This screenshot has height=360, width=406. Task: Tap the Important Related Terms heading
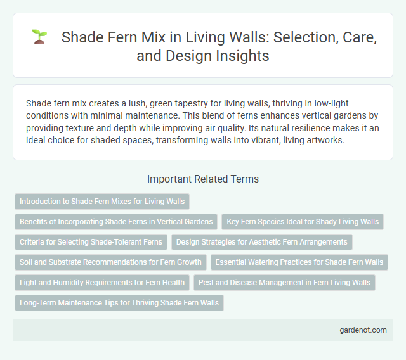(x=202, y=179)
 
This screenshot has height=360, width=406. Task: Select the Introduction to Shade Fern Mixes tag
(x=102, y=202)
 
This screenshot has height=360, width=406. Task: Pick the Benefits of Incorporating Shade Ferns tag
(x=116, y=222)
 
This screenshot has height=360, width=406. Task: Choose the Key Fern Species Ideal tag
(x=303, y=222)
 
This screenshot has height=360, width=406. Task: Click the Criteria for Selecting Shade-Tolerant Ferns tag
(x=91, y=242)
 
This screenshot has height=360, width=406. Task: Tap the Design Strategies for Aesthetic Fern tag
(x=261, y=242)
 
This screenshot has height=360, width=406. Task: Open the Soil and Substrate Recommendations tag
(x=110, y=262)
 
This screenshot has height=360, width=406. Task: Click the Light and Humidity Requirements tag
(x=102, y=283)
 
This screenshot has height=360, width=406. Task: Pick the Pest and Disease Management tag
(x=284, y=283)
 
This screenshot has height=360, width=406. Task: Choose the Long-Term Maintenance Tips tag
(x=119, y=303)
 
